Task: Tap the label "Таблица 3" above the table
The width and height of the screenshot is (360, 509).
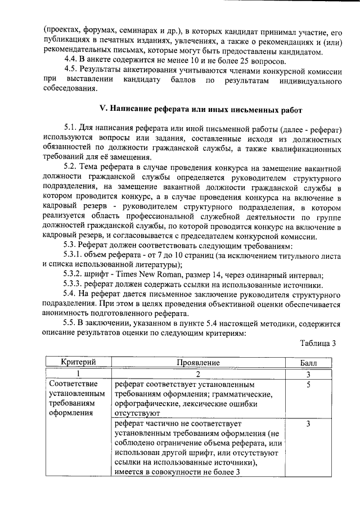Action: point(318,344)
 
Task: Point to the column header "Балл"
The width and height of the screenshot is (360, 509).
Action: point(309,363)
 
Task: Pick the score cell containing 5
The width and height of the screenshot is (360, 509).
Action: point(309,385)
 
